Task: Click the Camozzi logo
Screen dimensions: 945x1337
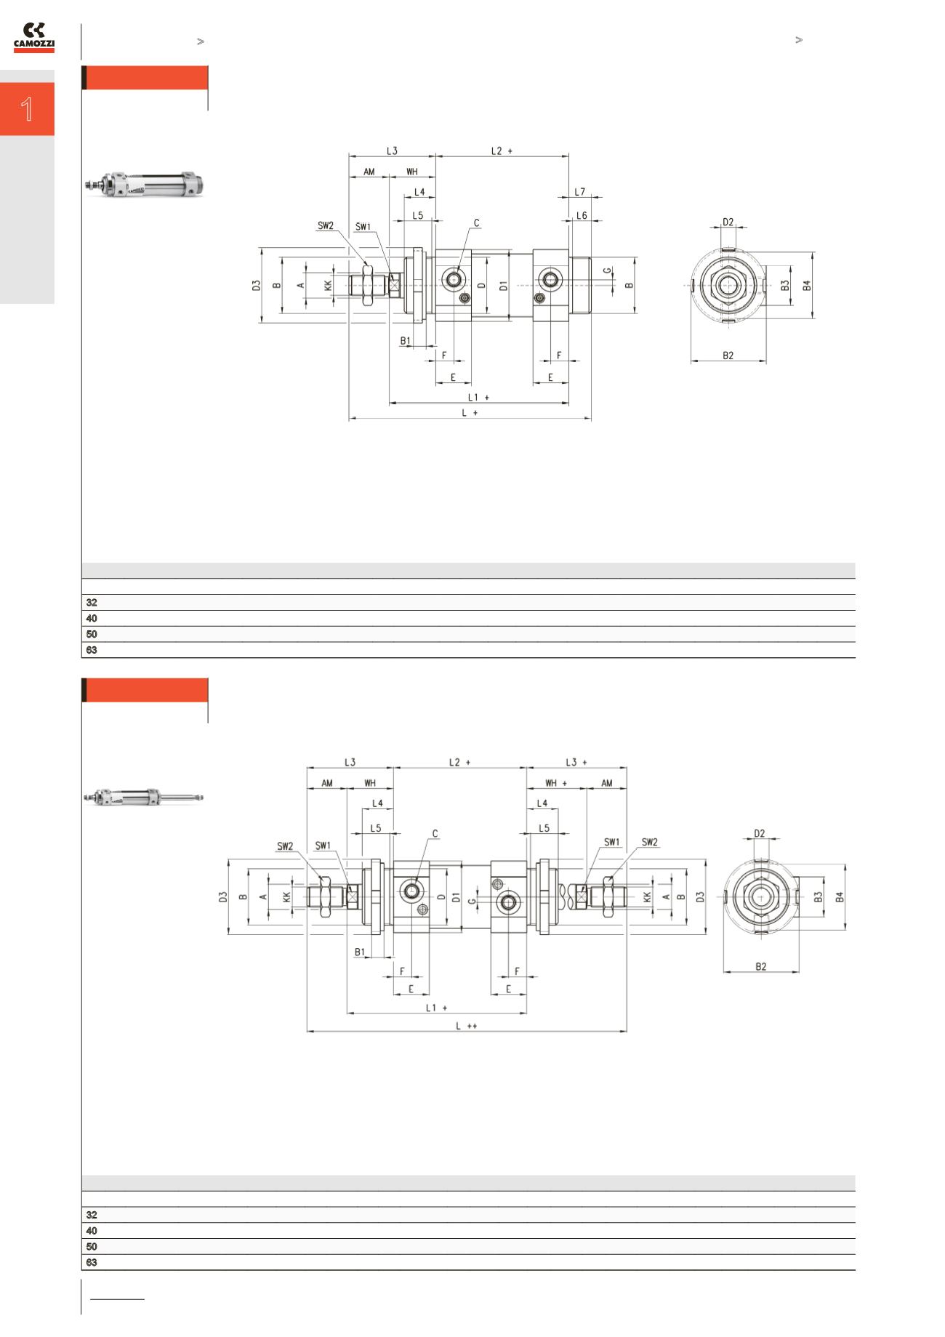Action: pos(34,38)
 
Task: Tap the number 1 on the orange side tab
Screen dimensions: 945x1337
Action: pos(27,109)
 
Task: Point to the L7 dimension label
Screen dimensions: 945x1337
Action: pos(579,192)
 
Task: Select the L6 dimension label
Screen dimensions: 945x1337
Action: pos(582,216)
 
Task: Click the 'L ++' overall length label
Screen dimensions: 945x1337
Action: pos(466,1026)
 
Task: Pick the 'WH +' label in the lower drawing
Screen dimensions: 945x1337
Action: pos(556,783)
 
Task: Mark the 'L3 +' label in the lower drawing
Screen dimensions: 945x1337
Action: pos(576,762)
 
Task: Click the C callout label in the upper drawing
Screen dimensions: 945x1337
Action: pos(477,223)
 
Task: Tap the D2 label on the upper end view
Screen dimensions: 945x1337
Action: pos(728,222)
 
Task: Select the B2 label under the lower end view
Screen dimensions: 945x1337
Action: pos(760,967)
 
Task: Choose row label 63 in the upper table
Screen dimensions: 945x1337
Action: pos(92,650)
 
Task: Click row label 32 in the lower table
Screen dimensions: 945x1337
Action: pos(92,1215)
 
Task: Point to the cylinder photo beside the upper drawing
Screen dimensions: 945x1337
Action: pos(144,185)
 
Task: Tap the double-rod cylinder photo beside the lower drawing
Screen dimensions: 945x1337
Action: pos(144,798)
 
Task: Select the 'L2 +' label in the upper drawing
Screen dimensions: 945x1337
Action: pos(502,151)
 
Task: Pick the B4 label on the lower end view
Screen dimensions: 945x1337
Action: pos(840,897)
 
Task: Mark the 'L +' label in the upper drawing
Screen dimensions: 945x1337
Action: pos(470,412)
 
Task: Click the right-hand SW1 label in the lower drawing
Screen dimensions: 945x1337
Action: pos(612,842)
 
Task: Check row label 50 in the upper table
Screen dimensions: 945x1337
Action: pos(92,634)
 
